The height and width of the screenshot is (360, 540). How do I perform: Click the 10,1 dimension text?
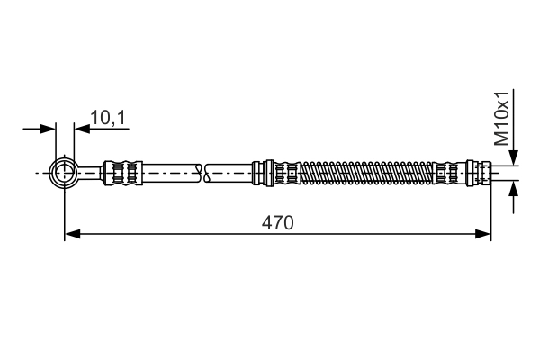(107, 116)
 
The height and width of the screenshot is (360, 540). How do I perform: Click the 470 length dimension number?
(278, 221)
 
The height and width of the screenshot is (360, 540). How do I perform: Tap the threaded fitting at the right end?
(484, 171)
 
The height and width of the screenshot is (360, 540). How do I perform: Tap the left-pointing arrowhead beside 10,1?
(82, 129)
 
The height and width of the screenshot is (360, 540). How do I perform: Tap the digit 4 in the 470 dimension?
(268, 221)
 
